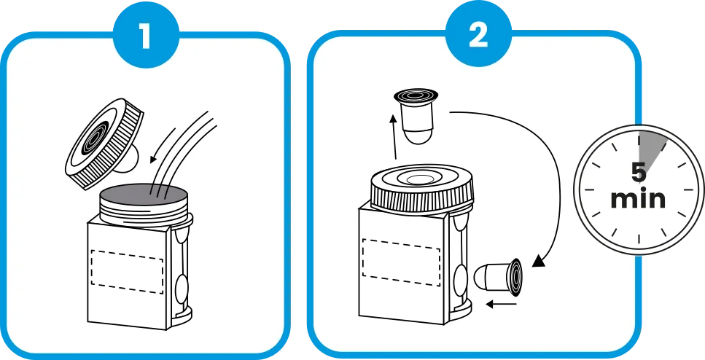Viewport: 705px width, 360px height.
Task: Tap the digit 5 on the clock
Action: pos(639,172)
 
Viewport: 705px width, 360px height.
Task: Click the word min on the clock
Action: pos(639,199)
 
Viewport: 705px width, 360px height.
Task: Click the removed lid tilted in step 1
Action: pos(104,143)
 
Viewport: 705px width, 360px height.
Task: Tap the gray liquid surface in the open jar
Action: pos(144,195)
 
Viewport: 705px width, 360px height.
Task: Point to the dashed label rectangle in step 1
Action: pos(127,271)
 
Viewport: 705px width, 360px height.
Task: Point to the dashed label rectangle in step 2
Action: pos(401,262)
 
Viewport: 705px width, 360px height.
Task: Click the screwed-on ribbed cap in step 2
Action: pos(421,189)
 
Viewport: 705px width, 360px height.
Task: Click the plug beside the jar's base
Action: pos(498,277)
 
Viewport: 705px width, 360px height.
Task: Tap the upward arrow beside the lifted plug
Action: pos(394,136)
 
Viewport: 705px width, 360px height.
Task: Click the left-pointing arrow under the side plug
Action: pos(502,305)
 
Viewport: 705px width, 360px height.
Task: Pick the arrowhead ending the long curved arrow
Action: pos(538,261)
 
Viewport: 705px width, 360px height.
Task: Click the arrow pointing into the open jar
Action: pos(163,145)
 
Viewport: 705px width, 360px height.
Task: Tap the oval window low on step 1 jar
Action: pos(181,289)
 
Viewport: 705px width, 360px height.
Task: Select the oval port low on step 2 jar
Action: pos(461,279)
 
